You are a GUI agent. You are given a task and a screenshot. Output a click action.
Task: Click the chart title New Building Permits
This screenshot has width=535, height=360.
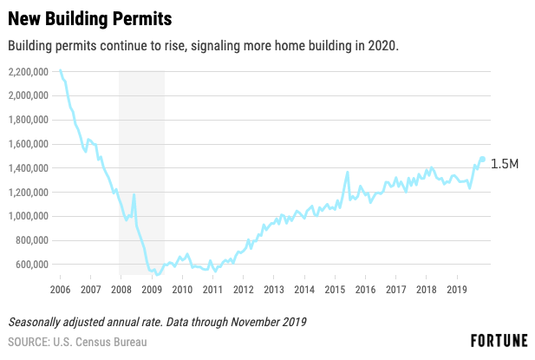(x=89, y=19)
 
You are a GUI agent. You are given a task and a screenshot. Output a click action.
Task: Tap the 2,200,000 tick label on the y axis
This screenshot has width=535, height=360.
(x=29, y=72)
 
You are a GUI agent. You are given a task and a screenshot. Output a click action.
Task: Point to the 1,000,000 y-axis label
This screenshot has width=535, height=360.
(x=29, y=216)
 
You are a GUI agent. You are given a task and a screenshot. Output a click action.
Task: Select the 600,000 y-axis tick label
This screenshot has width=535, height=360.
(x=32, y=265)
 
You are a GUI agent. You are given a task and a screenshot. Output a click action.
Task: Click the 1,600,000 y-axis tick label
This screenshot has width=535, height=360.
(x=29, y=144)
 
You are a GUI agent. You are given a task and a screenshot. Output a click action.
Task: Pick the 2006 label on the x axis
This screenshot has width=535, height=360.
(x=60, y=290)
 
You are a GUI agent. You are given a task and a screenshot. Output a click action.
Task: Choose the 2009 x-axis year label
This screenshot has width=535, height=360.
(x=152, y=290)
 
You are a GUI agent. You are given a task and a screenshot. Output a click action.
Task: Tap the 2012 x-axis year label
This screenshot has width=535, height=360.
(x=244, y=290)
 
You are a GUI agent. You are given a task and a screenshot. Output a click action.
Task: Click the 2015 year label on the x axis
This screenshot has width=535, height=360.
(x=335, y=290)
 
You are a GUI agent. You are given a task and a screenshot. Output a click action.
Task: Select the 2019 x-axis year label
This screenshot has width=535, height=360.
(x=457, y=290)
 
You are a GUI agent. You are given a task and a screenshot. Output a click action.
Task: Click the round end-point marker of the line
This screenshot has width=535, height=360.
(x=482, y=159)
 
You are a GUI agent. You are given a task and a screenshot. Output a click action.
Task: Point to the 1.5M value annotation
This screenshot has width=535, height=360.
(x=505, y=164)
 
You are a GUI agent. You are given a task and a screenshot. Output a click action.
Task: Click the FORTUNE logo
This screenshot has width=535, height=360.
(x=499, y=341)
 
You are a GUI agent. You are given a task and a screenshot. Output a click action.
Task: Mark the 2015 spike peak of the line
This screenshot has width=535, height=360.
(x=348, y=172)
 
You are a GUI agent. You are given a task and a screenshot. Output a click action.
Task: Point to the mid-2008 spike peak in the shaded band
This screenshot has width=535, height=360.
(x=134, y=194)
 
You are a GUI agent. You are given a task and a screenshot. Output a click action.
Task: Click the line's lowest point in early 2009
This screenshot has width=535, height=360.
(x=157, y=275)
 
